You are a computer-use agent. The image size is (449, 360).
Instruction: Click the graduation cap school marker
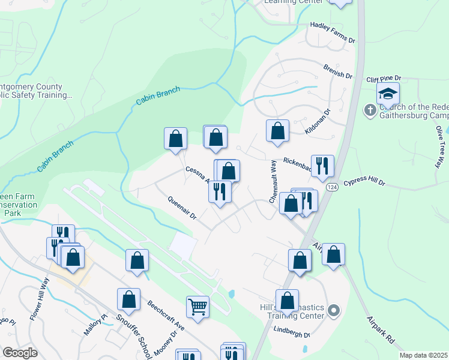pos(388,94)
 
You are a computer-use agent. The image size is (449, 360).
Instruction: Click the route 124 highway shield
pos(331,188)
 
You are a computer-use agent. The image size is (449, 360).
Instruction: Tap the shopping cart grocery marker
pos(197,307)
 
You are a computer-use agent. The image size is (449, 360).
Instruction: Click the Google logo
pos(20,352)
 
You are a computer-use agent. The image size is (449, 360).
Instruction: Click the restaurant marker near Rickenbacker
pos(322,166)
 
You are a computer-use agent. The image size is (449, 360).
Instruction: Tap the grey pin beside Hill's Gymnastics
pos(334,311)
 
